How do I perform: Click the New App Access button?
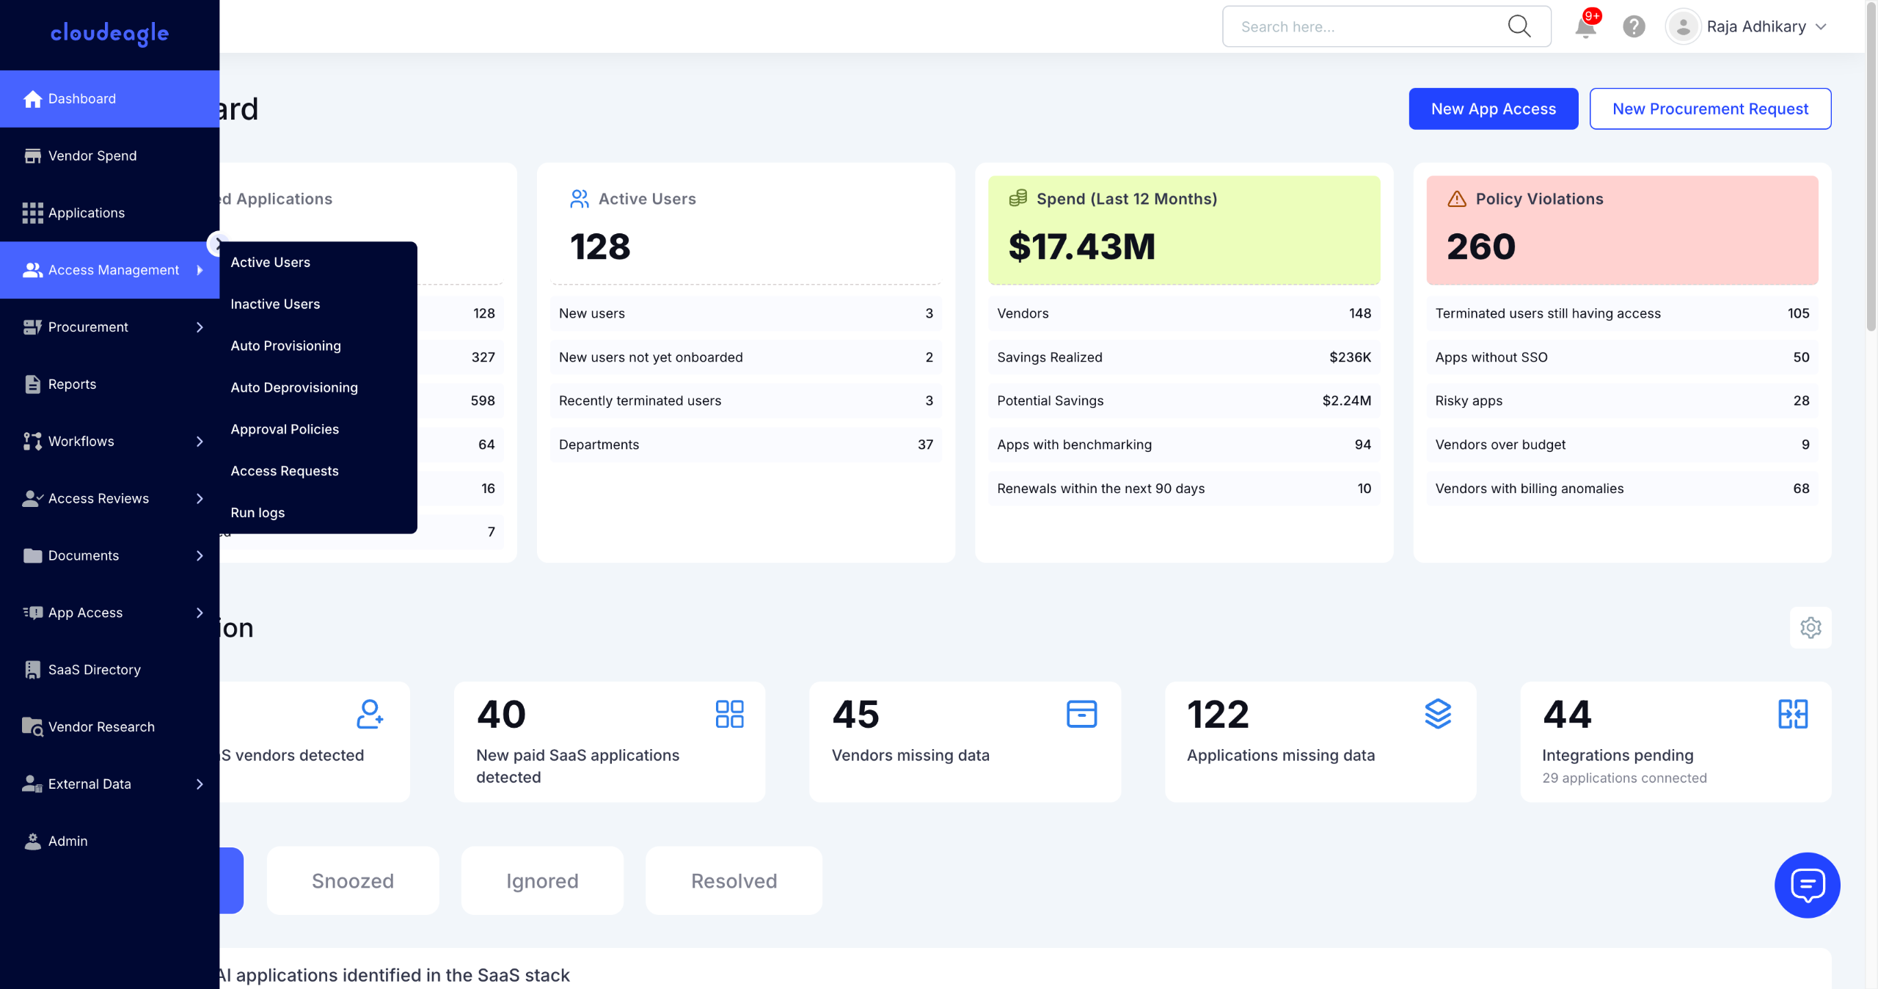click(1493, 109)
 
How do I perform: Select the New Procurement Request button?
click(1709, 109)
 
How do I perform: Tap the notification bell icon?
click(1585, 27)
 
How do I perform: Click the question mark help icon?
click(1634, 27)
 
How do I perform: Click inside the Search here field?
click(1364, 27)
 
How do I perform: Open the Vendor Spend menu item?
click(92, 156)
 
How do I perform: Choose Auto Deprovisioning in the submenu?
click(294, 387)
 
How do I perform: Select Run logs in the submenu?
click(257, 513)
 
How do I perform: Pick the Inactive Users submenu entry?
click(275, 304)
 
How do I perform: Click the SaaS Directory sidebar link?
click(94, 670)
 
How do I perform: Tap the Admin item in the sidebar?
click(67, 841)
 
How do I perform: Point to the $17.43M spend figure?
click(1081, 247)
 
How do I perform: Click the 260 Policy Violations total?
click(1480, 247)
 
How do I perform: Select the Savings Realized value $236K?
click(1350, 357)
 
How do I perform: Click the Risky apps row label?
click(1469, 401)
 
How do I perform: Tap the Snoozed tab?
click(353, 880)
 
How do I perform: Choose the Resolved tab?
click(734, 880)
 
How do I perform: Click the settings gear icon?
click(1810, 628)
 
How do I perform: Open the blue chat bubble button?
click(1807, 885)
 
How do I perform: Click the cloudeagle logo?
click(110, 33)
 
